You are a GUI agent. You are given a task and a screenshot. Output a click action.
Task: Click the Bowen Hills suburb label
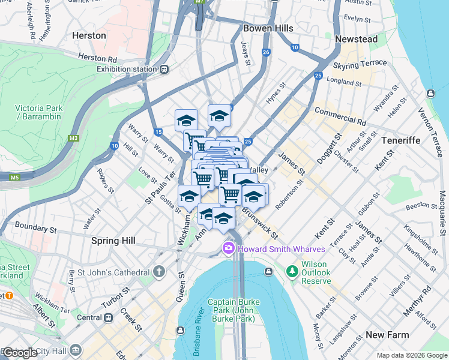point(268,28)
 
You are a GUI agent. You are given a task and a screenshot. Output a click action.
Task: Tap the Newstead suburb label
point(356,39)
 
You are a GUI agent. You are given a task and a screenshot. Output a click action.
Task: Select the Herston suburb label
point(89,35)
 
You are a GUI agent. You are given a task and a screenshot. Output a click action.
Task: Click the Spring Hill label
point(113,241)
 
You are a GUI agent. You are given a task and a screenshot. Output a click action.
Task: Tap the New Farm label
point(387,335)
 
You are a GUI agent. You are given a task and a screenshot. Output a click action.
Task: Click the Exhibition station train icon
point(164,69)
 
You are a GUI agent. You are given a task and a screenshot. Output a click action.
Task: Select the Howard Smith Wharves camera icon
point(228,248)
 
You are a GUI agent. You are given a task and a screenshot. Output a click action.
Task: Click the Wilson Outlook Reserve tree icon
point(292,272)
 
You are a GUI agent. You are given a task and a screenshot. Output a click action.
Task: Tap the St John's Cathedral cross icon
point(158,271)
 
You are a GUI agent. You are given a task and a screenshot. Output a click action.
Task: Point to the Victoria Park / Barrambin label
point(38,112)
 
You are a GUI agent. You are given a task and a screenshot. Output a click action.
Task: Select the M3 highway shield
point(73,138)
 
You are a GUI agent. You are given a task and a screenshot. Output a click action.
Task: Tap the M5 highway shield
point(13,177)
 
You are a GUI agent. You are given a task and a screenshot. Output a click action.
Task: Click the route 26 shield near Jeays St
point(265,53)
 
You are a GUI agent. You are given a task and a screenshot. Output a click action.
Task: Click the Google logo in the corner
point(20,353)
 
